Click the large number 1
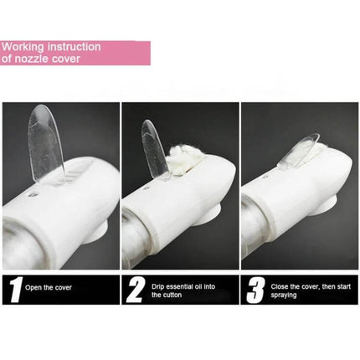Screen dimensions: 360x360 click(x=15, y=290)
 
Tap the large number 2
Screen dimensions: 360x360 click(x=136, y=291)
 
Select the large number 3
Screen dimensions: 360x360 click(x=255, y=291)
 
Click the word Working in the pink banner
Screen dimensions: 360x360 click(x=23, y=47)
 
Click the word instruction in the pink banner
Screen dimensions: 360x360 click(x=75, y=47)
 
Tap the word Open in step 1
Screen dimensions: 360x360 click(x=33, y=288)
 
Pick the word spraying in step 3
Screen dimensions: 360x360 click(x=283, y=296)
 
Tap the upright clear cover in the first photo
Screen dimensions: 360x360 click(x=46, y=143)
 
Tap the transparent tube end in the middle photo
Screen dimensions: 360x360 click(x=136, y=240)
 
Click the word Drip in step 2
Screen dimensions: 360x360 click(x=157, y=286)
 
